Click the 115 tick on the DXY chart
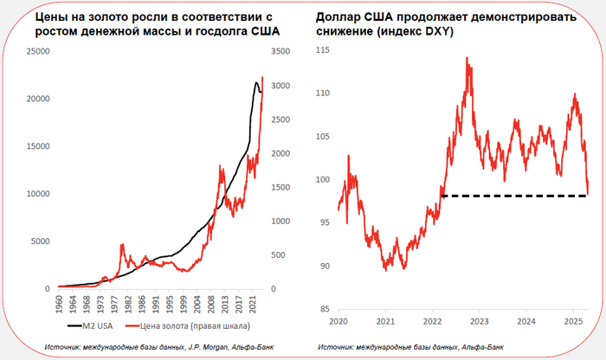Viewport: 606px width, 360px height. [323, 50]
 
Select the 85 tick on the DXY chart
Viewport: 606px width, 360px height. [325, 310]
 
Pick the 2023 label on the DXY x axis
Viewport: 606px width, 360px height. [478, 320]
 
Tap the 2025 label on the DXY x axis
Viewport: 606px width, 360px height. [571, 320]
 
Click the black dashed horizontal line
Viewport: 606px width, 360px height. [511, 196]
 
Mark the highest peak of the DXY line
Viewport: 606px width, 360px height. [467, 59]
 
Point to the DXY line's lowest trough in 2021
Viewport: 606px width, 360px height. [384, 270]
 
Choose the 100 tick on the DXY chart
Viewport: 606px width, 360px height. [323, 180]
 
